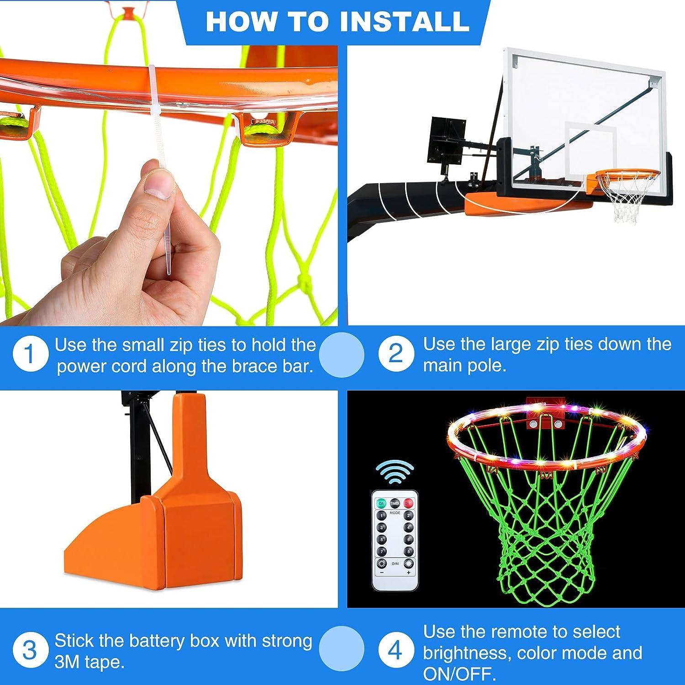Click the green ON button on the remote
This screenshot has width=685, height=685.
(381, 503)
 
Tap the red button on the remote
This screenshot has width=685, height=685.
(408, 503)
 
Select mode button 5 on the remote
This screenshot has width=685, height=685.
(381, 539)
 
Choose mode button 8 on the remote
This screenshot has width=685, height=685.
(409, 551)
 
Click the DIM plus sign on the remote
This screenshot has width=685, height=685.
(409, 572)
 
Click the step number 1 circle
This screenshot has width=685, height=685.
(30, 354)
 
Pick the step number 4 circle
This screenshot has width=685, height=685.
(396, 650)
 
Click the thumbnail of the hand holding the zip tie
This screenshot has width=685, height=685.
(169, 183)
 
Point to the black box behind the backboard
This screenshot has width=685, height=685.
(448, 140)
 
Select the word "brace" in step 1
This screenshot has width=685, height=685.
(235, 367)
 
